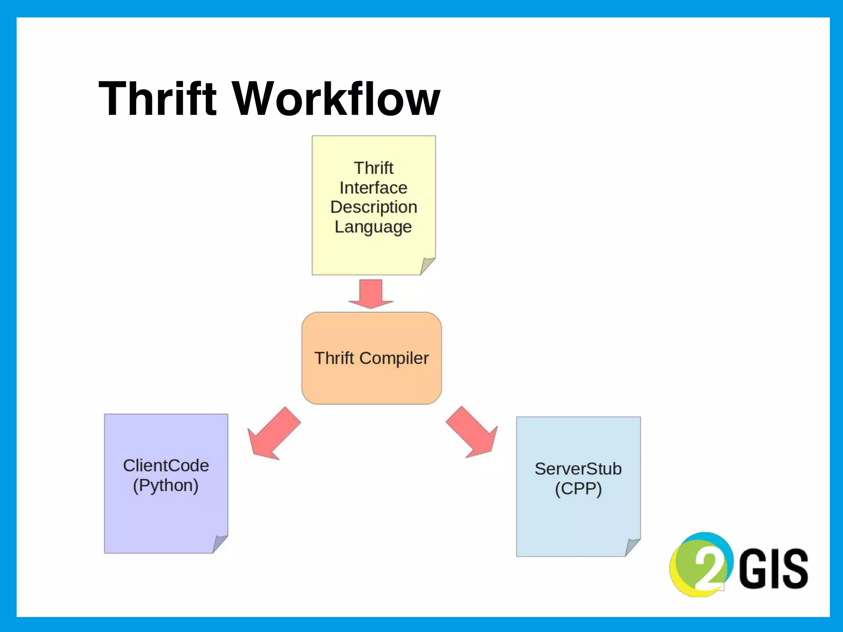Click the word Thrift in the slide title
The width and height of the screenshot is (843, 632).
(157, 99)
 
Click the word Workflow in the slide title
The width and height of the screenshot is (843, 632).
(337, 99)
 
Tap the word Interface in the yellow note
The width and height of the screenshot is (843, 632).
(373, 188)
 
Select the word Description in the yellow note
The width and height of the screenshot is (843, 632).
(373, 207)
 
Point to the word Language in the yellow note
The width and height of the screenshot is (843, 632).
(373, 227)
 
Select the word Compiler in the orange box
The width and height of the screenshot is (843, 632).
(394, 358)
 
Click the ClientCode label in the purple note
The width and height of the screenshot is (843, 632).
(166, 466)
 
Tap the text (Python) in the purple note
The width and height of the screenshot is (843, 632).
(165, 486)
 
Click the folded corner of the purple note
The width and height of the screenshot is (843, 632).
(219, 544)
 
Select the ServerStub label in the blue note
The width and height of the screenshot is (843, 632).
(578, 469)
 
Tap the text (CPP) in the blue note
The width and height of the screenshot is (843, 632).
(578, 489)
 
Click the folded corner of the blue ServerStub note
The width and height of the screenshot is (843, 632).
(632, 547)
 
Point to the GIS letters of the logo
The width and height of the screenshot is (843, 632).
(773, 569)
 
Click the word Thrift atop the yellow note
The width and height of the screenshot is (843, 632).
(373, 168)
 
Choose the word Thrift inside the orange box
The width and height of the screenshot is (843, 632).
(334, 358)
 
